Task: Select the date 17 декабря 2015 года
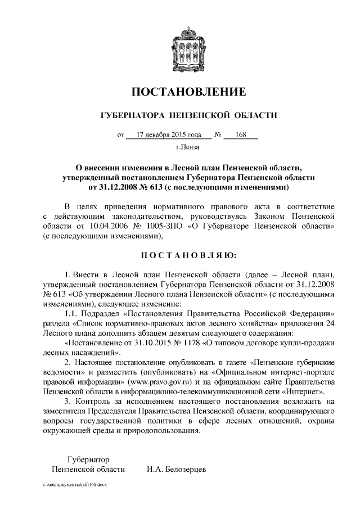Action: click(x=164, y=135)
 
